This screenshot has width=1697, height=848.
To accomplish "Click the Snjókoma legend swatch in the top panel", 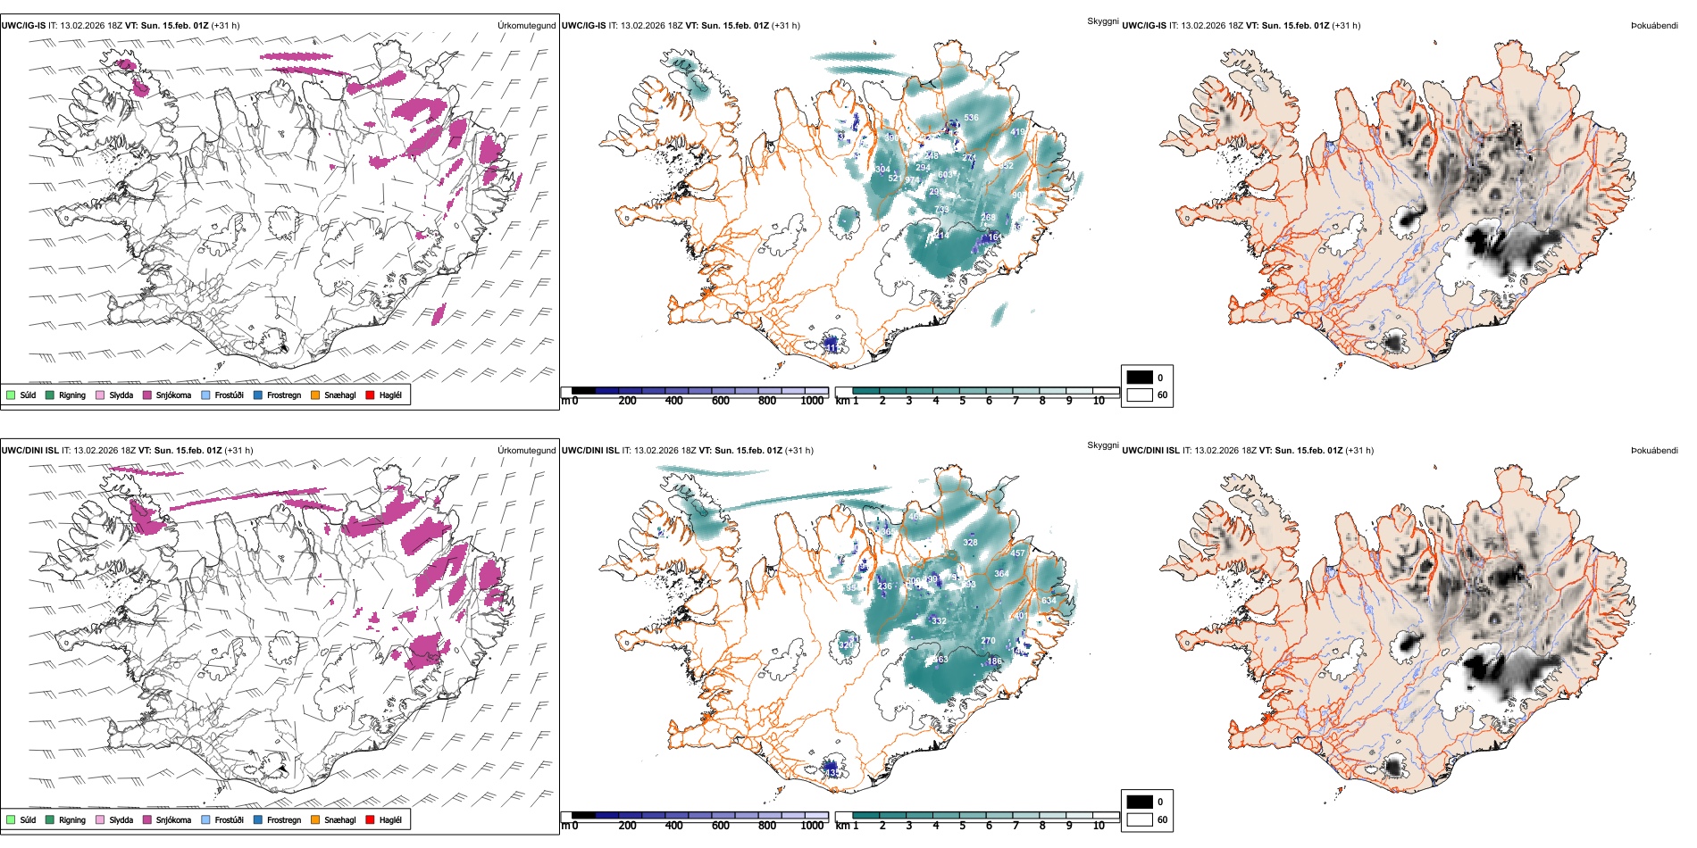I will tap(147, 395).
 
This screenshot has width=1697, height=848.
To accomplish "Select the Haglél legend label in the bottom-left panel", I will tap(390, 819).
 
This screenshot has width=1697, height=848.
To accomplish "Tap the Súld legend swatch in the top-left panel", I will tap(11, 395).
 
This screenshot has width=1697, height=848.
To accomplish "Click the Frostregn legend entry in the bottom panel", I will tap(283, 819).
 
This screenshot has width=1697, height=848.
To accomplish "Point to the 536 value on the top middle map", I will tap(971, 118).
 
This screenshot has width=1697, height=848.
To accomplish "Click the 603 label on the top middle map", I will tap(945, 175).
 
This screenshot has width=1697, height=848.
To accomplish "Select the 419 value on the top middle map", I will tap(1017, 132).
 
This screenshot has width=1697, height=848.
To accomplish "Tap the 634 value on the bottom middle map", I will tap(1049, 601).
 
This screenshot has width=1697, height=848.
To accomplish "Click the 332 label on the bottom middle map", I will tap(939, 621).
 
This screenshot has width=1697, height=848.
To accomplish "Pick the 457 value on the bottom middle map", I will tap(1017, 553).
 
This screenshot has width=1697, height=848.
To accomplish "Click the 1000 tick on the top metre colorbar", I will tap(812, 401).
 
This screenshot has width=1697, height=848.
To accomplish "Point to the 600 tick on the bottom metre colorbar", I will tap(721, 826).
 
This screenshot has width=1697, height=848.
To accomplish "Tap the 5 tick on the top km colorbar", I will tap(962, 401).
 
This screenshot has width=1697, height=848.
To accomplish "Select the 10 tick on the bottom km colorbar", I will tap(1099, 826).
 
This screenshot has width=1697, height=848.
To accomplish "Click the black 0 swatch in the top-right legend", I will tap(1140, 378).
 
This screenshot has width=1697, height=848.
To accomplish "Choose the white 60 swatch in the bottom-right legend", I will tap(1140, 819).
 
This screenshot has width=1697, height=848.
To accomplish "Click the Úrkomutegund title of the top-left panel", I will tap(526, 26).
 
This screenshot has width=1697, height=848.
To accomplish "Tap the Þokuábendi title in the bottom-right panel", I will tap(1654, 451).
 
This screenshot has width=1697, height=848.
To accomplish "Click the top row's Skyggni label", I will tap(1102, 21).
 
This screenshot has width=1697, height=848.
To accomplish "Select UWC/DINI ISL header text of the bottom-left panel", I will tap(29, 451).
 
